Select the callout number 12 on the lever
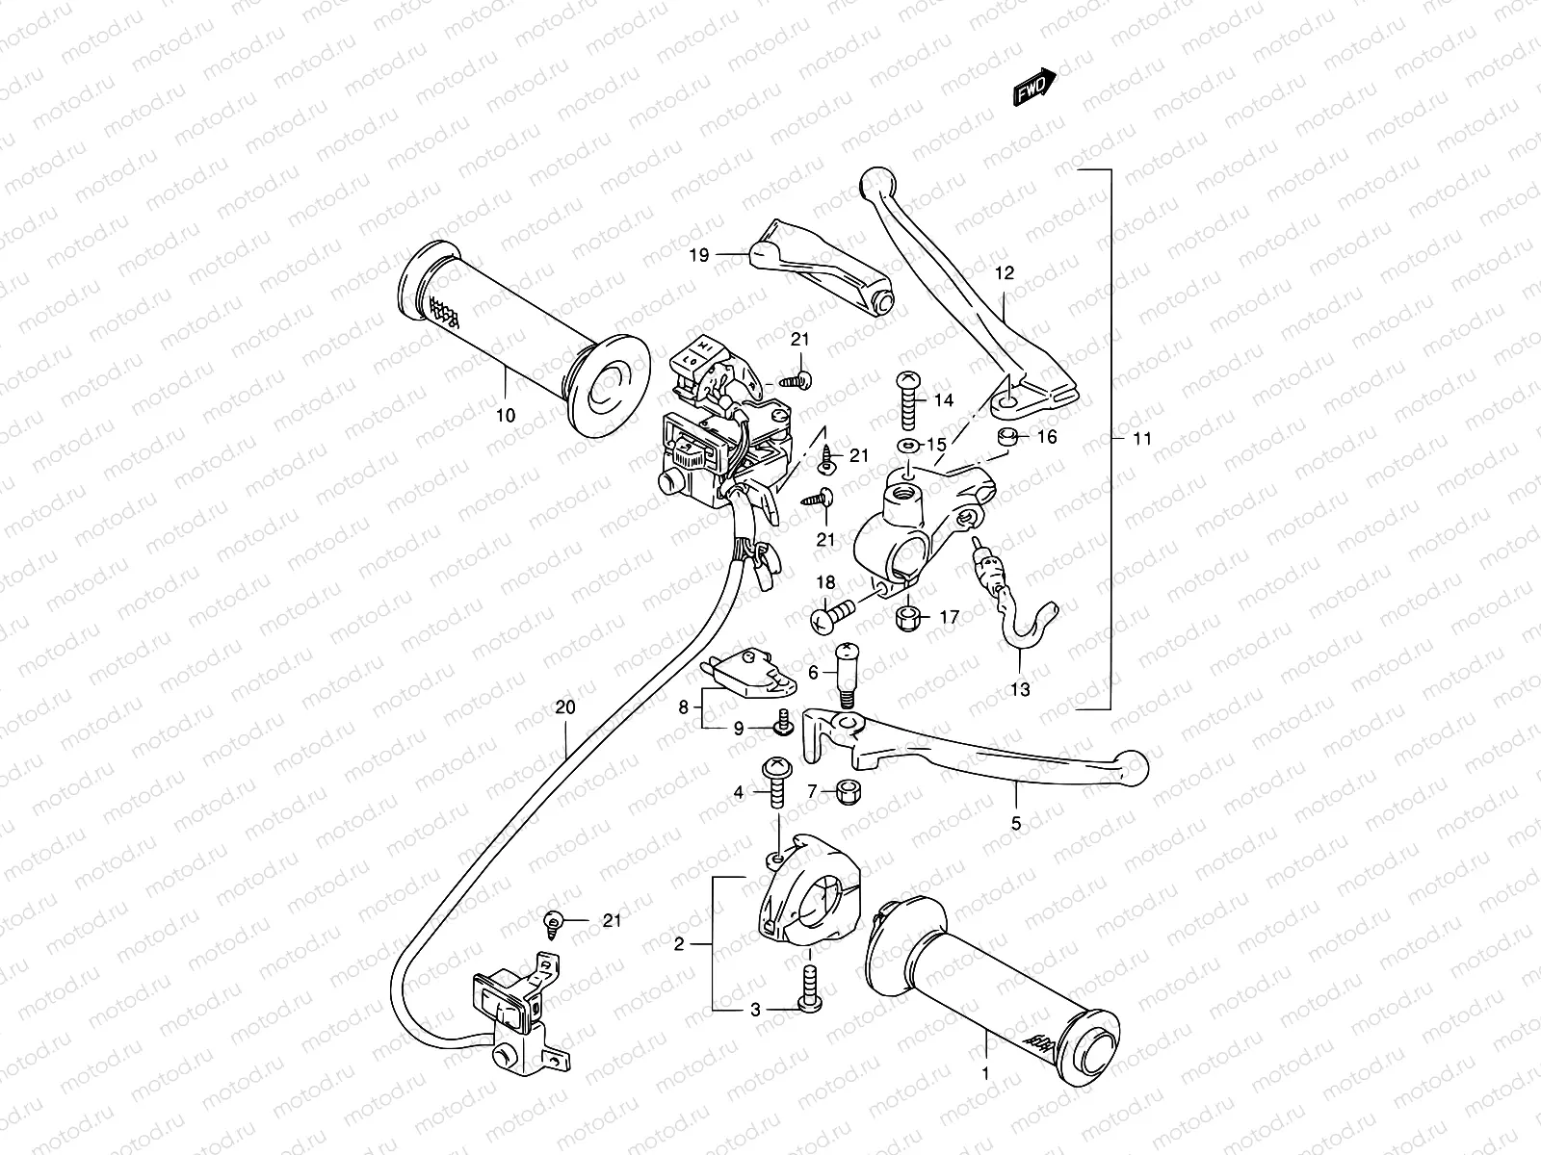(1004, 273)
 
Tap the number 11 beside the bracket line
(1141, 438)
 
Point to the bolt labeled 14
(908, 401)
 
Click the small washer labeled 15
(907, 446)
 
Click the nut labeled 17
(907, 616)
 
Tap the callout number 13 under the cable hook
(1020, 689)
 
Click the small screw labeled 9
(783, 725)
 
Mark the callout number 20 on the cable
(592, 707)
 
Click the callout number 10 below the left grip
(506, 416)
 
